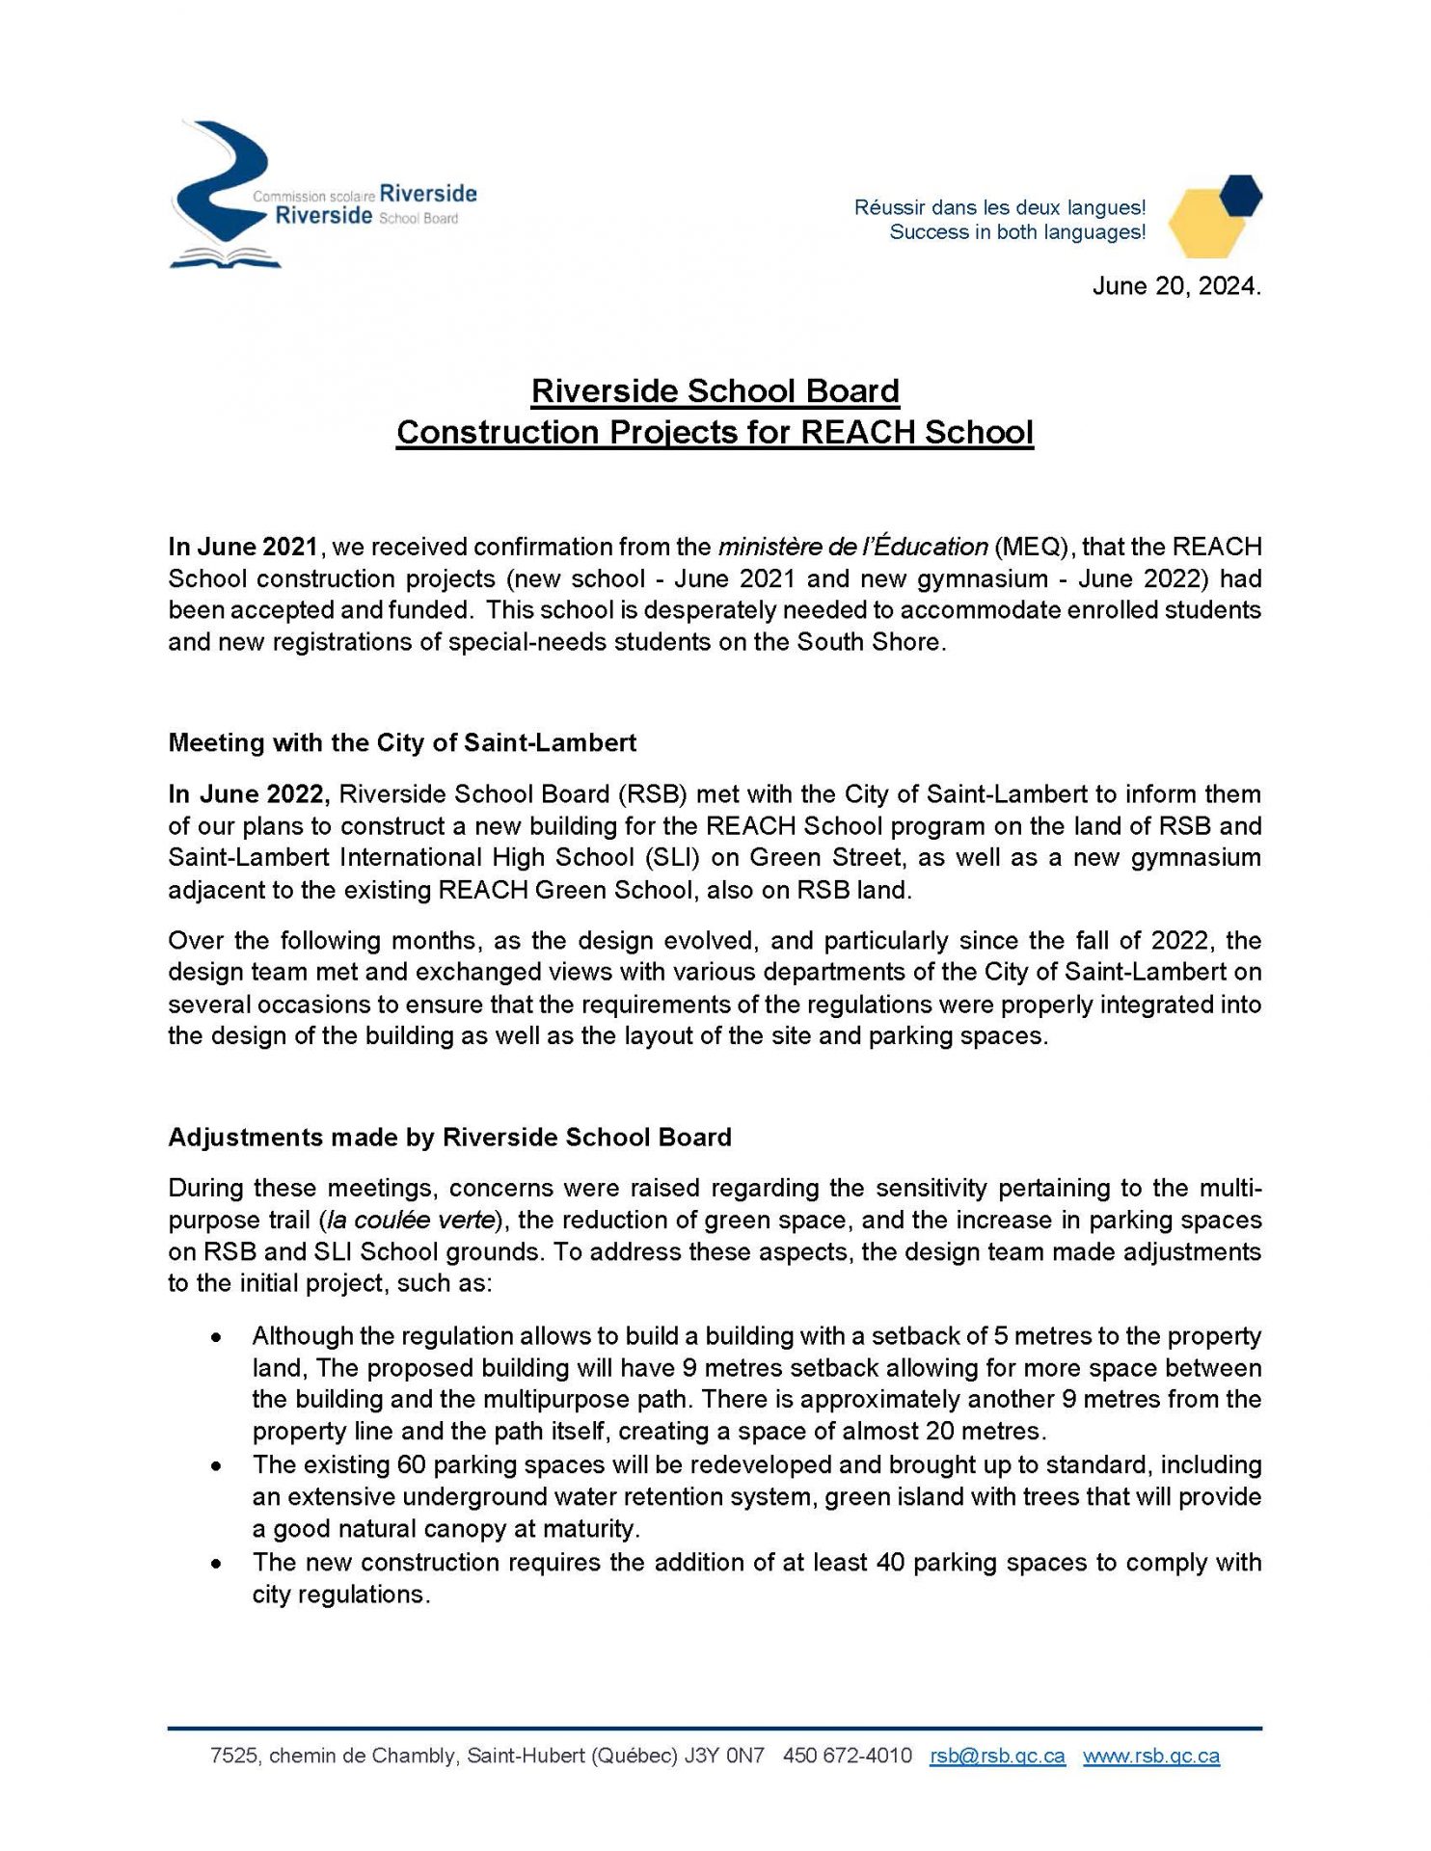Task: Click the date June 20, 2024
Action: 1175,286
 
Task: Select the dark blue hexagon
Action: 1240,195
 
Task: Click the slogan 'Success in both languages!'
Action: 1017,232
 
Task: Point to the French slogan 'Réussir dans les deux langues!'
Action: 1000,207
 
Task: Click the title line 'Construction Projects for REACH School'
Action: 715,432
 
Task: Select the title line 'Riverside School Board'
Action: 715,391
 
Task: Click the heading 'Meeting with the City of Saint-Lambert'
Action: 402,742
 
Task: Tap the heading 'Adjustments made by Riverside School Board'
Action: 449,1138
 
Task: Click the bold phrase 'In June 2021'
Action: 243,547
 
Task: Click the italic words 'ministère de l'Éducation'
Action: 852,547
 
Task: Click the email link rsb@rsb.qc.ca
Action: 997,1756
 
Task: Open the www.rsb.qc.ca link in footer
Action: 1151,1756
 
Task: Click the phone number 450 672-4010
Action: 848,1756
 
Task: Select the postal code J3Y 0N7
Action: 724,1756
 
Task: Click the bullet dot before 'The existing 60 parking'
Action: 219,1466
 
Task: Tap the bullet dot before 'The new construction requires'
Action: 219,1564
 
